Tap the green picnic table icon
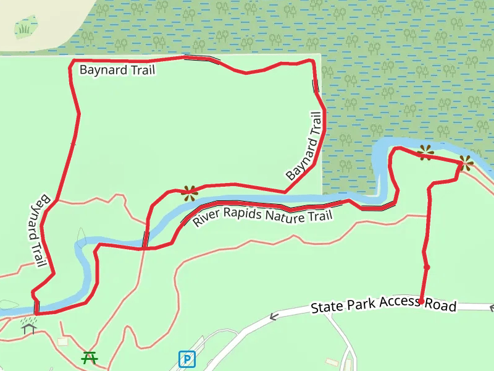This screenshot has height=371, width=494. point(90,357)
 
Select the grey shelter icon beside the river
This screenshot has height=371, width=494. point(28,326)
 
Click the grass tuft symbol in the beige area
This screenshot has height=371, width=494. point(25,28)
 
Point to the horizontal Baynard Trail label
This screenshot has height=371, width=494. point(117,70)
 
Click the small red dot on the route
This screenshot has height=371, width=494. point(426,267)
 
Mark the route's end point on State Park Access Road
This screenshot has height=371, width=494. point(421,302)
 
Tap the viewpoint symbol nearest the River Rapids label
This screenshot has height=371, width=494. point(189,192)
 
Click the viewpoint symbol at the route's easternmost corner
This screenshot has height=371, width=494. point(465,163)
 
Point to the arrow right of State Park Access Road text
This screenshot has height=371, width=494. point(492,307)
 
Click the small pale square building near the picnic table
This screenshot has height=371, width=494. point(63,341)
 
